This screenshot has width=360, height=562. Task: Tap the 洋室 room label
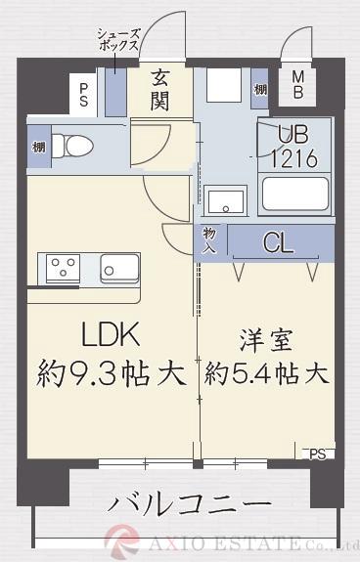(x=264, y=341)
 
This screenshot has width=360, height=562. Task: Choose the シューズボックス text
(x=116, y=43)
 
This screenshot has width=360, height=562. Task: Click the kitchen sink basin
(x=118, y=266)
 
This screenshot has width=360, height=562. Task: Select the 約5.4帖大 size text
(x=265, y=372)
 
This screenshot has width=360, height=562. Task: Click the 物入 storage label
(x=210, y=241)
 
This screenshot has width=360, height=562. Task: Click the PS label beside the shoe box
(x=83, y=94)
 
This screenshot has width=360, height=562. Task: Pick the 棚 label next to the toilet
(x=37, y=147)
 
